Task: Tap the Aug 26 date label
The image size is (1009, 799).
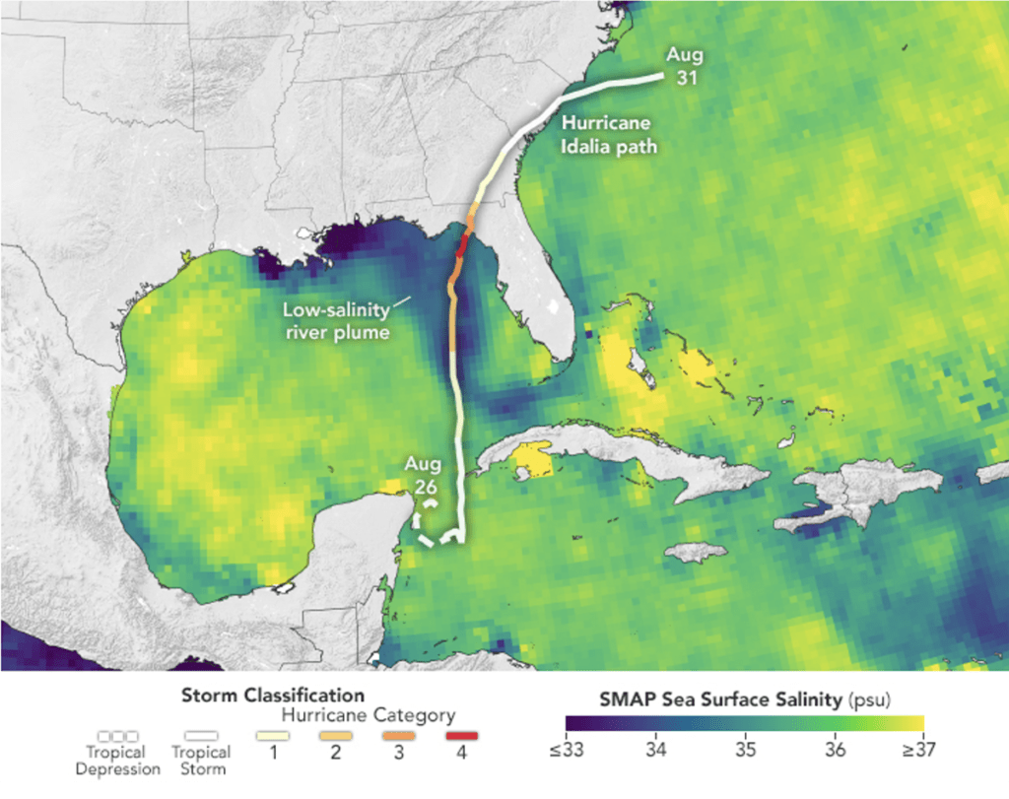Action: tap(420, 475)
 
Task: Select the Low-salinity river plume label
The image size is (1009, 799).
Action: tap(336, 321)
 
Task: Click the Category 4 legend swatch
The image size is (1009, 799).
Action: tap(461, 735)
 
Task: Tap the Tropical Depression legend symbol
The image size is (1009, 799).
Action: tap(118, 735)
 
